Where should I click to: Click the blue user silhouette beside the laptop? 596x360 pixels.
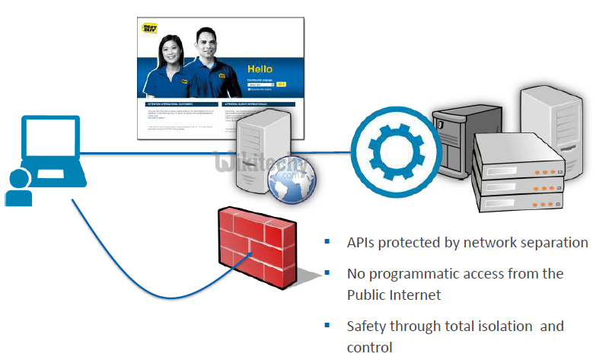18,189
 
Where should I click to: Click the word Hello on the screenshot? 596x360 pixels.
258,69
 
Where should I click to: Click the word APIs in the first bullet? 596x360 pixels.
362,243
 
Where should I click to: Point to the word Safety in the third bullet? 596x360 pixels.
367,327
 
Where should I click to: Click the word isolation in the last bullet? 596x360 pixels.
502,327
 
